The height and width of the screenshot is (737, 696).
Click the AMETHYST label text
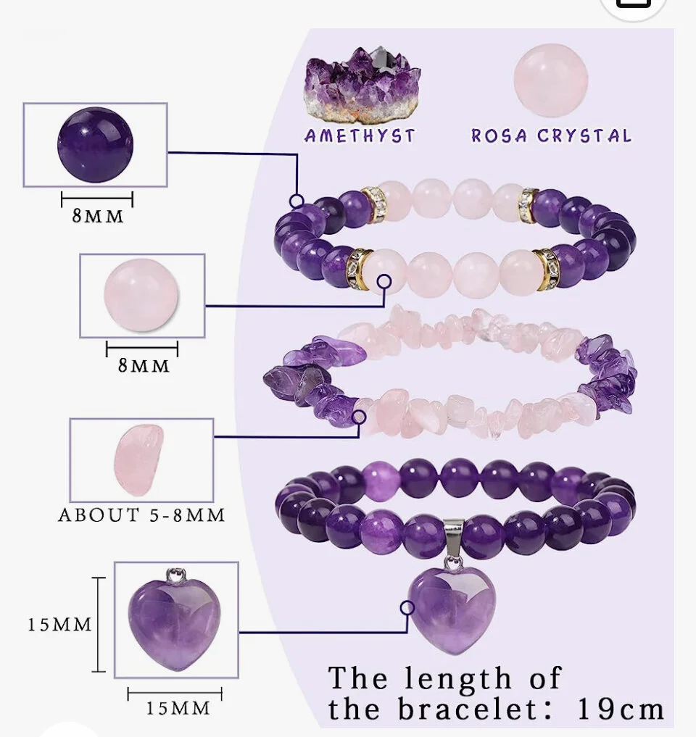point(360,136)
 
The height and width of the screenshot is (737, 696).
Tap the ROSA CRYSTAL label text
point(551,136)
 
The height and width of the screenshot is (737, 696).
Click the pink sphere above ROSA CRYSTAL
point(550,80)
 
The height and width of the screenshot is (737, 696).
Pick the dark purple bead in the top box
point(95,144)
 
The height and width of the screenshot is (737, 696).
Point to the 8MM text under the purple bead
point(98,216)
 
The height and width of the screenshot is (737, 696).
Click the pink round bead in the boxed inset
point(142,295)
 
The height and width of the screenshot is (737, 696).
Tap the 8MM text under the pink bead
point(144,365)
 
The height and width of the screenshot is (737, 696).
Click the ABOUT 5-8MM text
point(142,515)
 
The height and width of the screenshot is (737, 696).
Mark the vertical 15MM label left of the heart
point(60,624)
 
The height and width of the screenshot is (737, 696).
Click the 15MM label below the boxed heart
point(177,707)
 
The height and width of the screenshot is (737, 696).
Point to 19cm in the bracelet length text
point(621,709)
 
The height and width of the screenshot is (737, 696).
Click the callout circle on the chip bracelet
point(359,417)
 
